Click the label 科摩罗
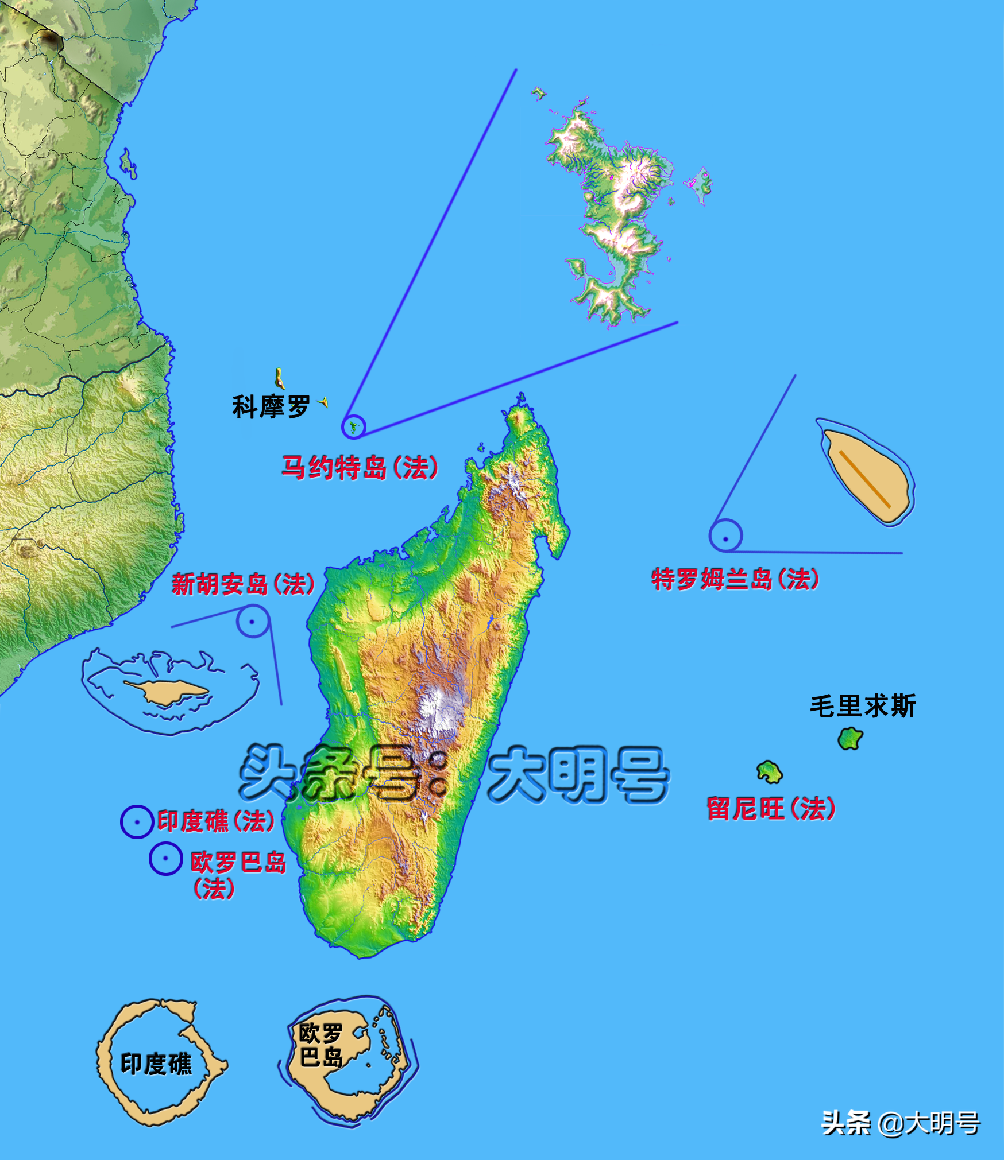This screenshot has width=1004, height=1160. pyautogui.click(x=271, y=407)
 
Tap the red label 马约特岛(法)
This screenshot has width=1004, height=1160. pyautogui.click(x=360, y=468)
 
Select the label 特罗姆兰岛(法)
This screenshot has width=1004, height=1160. pyautogui.click(x=735, y=579)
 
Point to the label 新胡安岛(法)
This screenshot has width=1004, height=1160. pyautogui.click(x=243, y=584)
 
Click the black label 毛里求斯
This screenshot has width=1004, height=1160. pyautogui.click(x=863, y=706)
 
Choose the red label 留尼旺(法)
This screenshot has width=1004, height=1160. pyautogui.click(x=771, y=809)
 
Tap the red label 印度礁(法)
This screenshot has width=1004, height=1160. pyautogui.click(x=216, y=821)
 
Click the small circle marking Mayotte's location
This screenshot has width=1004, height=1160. pyautogui.click(x=353, y=426)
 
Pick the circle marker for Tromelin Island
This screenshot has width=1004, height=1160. pyautogui.click(x=725, y=536)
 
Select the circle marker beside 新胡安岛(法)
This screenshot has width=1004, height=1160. pyautogui.click(x=252, y=621)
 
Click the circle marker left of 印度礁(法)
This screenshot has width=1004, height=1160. pyautogui.click(x=137, y=822)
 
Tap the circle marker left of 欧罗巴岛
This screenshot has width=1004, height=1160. pyautogui.click(x=165, y=859)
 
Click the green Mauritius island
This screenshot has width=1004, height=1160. pyautogui.click(x=850, y=739)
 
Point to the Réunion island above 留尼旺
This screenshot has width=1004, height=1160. pyautogui.click(x=769, y=772)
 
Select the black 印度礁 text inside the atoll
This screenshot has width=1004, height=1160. pyautogui.click(x=156, y=1064)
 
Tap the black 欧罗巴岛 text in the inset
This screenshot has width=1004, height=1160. pyautogui.click(x=321, y=1045)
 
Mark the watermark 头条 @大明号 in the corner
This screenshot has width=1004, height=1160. pyautogui.click(x=901, y=1123)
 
